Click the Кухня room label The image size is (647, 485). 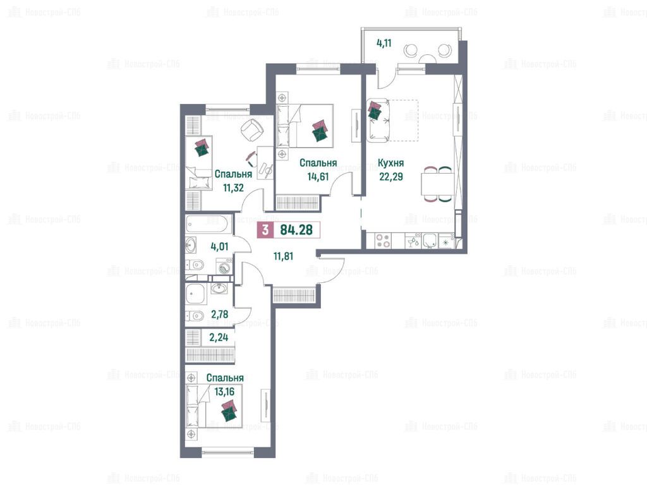pos(390,164)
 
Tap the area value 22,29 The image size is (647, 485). pos(391,177)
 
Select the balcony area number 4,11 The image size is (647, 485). pos(384,43)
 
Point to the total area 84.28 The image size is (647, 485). pos(296,230)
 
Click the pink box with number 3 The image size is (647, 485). pos(265,230)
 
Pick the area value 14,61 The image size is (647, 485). pos(318,177)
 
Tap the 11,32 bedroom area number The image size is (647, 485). pos(233,188)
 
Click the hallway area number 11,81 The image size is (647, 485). pos(284,256)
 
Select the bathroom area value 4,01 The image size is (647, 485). pos(219,247)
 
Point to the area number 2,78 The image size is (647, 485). pos(219,314)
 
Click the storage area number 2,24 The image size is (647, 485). pos(219,337)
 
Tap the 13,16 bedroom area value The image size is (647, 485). pos(224,392)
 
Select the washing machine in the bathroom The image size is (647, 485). pos(224,266)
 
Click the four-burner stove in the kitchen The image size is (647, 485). pos(384,241)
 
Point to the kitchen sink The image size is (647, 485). pos(430,241)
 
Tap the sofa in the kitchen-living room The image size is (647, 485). pos(378,120)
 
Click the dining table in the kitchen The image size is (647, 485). pos(437,184)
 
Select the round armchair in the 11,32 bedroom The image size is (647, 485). pos(252,129)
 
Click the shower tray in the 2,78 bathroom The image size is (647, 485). pos(195,294)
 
